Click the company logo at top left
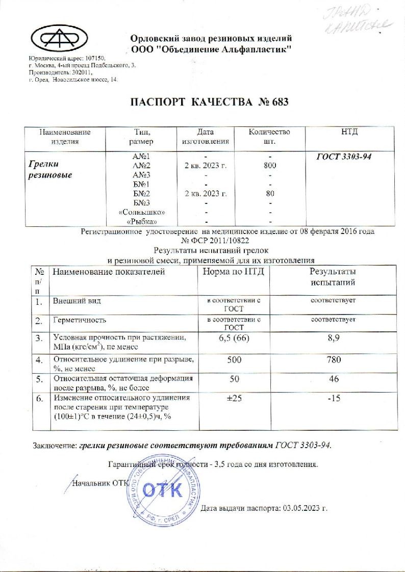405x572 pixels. (x=59, y=38)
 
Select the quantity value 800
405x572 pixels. (x=269, y=166)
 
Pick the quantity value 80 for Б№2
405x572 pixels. (x=270, y=193)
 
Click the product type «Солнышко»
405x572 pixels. (x=148, y=212)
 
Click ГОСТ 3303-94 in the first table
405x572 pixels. (x=344, y=157)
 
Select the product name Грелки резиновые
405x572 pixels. (x=49, y=170)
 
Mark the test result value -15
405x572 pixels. (x=333, y=398)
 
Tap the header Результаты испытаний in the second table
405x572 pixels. (x=333, y=277)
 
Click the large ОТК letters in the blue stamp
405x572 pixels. (x=162, y=490)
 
